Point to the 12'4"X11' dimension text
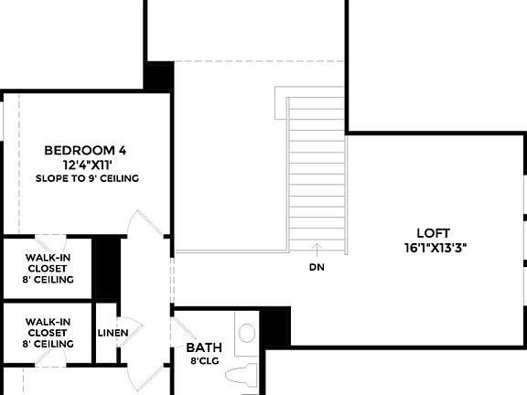tap(87, 165)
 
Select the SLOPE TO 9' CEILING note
tap(87, 178)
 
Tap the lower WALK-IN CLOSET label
tap(49, 327)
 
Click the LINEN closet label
tap(113, 332)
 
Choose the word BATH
tap(203, 348)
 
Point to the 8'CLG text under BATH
tap(203, 362)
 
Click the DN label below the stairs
tap(317, 268)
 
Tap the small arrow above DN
tap(317, 247)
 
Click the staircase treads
tap(317, 174)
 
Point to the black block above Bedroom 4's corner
tap(161, 76)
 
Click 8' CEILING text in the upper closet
tap(49, 279)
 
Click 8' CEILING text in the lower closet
tap(49, 344)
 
